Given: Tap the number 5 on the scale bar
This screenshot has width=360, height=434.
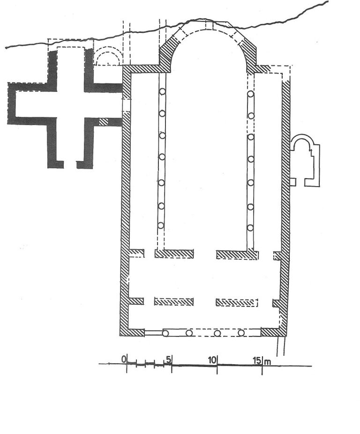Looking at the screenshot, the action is point(169,359).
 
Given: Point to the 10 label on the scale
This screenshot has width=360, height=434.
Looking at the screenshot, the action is point(212,360).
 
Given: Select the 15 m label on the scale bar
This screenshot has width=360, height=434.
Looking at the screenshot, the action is point(262,360).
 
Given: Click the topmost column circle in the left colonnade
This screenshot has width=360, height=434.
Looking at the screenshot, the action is point(162,91).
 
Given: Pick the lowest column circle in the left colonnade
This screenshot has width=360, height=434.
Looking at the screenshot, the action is point(161,225).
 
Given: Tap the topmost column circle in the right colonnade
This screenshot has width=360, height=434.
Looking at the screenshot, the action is point(251,94).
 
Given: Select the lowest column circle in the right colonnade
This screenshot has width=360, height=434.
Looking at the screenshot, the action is point(250,228).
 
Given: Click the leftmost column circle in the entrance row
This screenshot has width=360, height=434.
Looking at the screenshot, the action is point(165,333).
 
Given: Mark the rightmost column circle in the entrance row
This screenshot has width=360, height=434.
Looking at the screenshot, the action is point(241,333).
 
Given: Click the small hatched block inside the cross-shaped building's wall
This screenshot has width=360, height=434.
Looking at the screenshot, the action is point(103,122).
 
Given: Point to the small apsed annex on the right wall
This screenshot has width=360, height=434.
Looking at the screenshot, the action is point(305,161).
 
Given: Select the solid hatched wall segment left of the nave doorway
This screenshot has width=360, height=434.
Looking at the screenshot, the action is point(174,254).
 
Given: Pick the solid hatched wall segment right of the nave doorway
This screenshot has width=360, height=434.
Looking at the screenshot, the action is point(237,254).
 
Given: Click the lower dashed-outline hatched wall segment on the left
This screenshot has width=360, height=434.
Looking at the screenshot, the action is point(173,302).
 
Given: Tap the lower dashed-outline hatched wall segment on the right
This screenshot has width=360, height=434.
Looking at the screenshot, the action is point(237,302).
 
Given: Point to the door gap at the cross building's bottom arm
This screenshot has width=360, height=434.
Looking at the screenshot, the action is point(70,165).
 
